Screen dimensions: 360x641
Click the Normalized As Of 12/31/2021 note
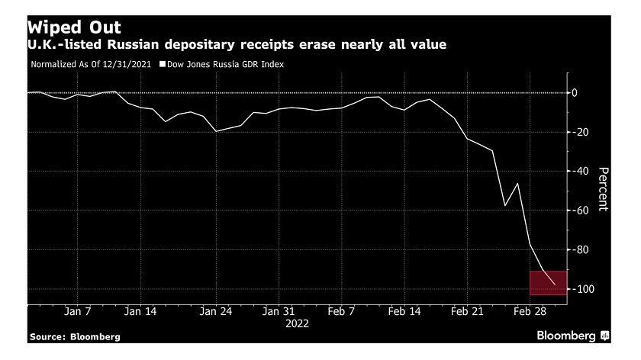pos(92,65)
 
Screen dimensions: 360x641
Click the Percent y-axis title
pos(603,189)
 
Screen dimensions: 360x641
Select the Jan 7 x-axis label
pos(79,311)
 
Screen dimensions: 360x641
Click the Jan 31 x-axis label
pos(278,311)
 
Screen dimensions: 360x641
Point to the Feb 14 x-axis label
pos(404,311)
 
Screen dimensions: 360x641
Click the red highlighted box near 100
pos(546,282)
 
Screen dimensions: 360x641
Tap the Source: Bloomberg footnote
pos(75,336)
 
